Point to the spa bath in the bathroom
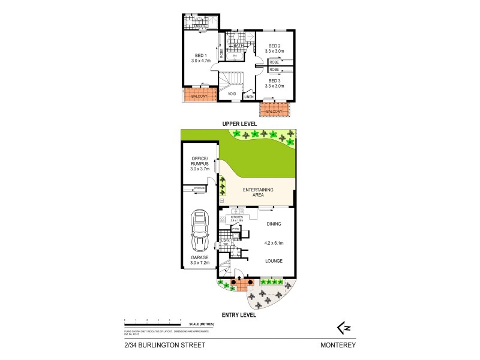[x=236, y=55]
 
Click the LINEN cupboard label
[x=249, y=97]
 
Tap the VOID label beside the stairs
[x=232, y=94]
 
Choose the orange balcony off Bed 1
[x=199, y=95]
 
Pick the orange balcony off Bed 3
[x=274, y=112]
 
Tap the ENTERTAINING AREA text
[x=257, y=192]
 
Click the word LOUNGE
[x=274, y=262]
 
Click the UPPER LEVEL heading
[x=239, y=124]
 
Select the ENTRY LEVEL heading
[x=239, y=314]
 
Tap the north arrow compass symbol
[x=343, y=327]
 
